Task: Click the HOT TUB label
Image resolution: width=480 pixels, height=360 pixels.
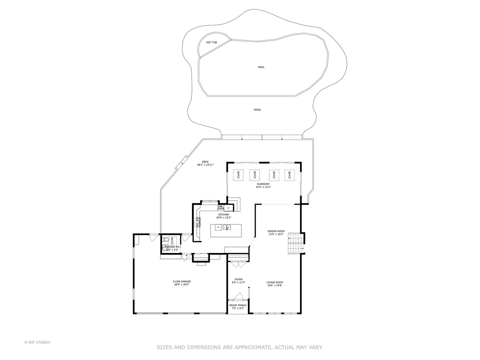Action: click(211, 42)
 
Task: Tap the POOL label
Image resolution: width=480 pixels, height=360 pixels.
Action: click(261, 67)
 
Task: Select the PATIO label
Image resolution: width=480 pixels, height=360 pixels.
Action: click(257, 110)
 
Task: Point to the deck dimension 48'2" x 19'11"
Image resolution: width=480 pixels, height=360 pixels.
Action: click(205, 165)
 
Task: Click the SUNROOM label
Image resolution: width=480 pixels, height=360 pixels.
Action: click(263, 184)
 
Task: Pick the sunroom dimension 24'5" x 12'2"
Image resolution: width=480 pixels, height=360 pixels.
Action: click(263, 187)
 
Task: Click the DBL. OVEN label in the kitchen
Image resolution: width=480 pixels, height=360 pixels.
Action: click(221, 208)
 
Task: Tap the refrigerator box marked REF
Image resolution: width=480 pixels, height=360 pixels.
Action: click(229, 208)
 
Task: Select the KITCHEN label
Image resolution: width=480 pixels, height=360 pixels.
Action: click(223, 214)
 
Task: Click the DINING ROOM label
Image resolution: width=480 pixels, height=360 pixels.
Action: click(276, 231)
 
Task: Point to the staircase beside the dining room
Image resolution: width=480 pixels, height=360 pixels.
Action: click(295, 243)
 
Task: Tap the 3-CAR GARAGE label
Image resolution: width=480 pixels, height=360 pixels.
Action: click(182, 281)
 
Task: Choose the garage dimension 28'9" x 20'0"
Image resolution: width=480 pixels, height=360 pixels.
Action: click(182, 284)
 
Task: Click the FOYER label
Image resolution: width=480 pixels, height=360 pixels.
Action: click(238, 279)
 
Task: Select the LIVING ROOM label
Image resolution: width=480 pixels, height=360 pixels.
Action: click(275, 282)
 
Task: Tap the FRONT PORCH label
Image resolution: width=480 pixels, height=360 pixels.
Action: click(238, 305)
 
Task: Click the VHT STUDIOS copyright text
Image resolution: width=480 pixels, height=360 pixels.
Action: click(37, 342)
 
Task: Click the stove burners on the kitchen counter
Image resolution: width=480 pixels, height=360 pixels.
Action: click(198, 222)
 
